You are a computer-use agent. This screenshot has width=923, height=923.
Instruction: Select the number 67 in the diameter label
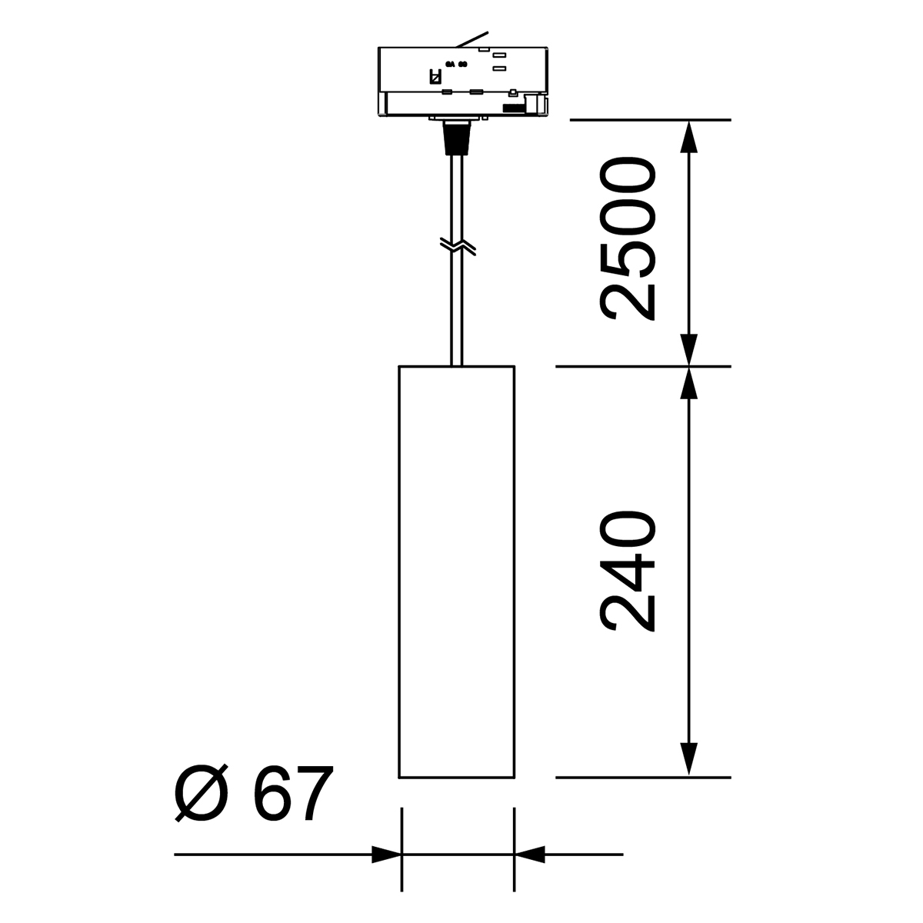tap(285, 793)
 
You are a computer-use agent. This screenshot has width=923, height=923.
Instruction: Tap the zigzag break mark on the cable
tap(457, 246)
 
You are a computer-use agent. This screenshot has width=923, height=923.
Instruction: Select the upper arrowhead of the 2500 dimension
tap(688, 135)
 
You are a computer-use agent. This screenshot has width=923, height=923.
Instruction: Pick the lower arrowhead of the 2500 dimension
tap(688, 350)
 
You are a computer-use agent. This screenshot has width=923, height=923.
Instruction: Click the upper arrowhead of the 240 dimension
tap(688, 383)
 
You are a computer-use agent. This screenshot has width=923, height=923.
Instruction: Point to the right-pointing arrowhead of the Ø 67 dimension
tap(387, 854)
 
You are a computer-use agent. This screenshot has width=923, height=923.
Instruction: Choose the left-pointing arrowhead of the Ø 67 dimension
tap(529, 854)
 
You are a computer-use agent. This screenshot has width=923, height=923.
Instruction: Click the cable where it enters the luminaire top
tap(457, 362)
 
